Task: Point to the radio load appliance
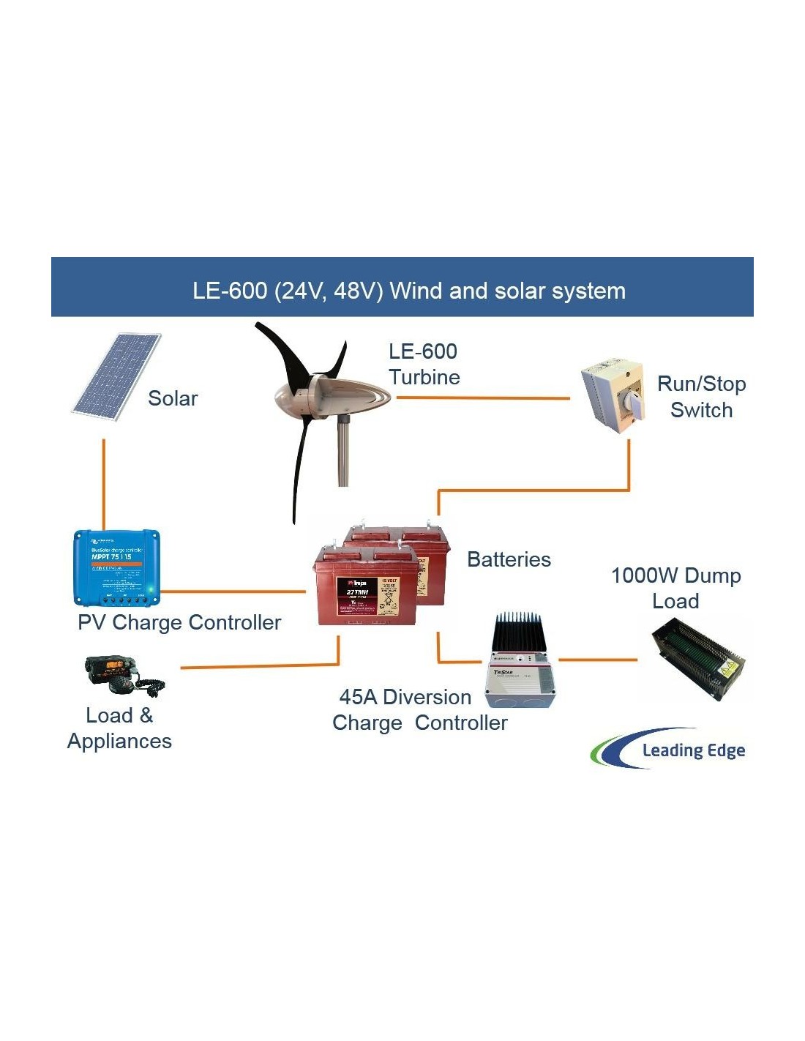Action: [x=123, y=674]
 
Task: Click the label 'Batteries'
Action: [x=509, y=560]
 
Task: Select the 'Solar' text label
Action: [x=173, y=399]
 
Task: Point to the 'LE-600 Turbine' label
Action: [x=424, y=365]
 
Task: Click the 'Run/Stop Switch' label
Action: [x=701, y=397]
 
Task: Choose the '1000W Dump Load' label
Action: [x=675, y=588]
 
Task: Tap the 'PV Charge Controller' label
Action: [x=179, y=623]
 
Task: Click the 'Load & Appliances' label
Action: [x=119, y=728]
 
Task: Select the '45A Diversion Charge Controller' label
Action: [x=419, y=710]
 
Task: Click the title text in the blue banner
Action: [x=409, y=291]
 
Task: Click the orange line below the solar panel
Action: [x=104, y=483]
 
